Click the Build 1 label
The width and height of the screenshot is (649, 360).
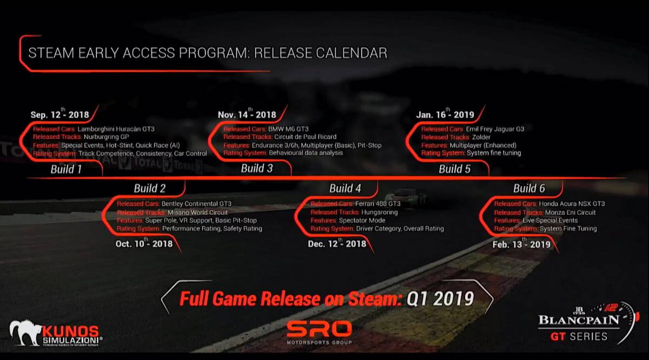click(66, 169)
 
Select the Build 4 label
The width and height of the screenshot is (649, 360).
click(345, 189)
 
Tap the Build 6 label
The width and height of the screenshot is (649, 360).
click(529, 189)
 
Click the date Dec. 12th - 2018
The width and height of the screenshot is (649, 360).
click(337, 243)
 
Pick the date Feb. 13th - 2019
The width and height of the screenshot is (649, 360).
click(521, 244)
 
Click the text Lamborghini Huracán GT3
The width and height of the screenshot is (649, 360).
click(116, 129)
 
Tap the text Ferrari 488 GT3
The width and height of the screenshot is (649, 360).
click(378, 204)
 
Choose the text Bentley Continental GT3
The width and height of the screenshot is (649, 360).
click(196, 204)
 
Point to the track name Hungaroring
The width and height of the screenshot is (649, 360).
click(380, 212)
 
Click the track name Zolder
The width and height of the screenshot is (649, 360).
click(481, 137)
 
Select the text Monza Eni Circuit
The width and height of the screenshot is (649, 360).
click(570, 212)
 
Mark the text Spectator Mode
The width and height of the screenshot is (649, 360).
click(362, 221)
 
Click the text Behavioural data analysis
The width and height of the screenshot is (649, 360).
click(306, 152)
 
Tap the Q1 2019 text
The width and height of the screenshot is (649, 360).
click(440, 298)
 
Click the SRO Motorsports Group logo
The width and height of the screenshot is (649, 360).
click(319, 333)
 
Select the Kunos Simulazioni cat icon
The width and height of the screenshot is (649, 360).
click(25, 332)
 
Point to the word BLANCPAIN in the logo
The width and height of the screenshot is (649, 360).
click(579, 320)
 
